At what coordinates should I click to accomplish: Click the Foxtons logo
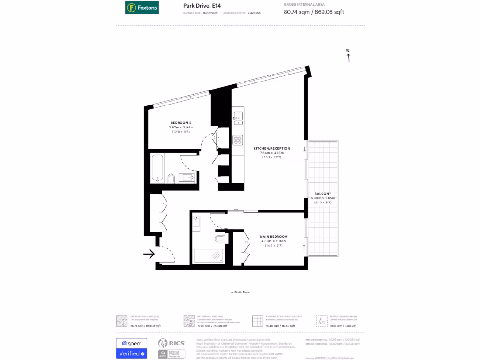[142, 7]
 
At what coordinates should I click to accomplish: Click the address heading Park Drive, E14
[195, 6]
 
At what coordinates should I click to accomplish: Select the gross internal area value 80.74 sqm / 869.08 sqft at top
[314, 12]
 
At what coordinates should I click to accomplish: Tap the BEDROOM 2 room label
[181, 123]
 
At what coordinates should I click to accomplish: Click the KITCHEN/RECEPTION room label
[269, 148]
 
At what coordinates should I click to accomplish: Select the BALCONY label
[323, 194]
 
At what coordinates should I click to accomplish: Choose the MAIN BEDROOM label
[274, 236]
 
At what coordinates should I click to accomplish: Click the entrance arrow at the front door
[149, 254]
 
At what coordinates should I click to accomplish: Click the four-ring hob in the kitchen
[238, 140]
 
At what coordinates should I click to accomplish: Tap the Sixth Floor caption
[240, 292]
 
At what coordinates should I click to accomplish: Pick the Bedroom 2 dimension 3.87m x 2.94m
[181, 127]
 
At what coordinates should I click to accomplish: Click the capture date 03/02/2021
[210, 13]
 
